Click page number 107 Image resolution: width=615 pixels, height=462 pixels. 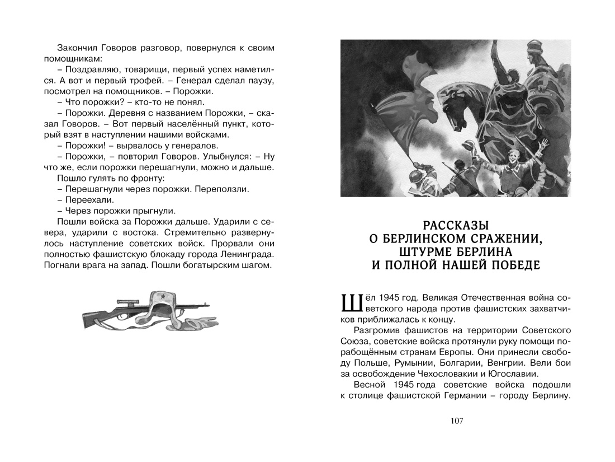coord(456,421)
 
